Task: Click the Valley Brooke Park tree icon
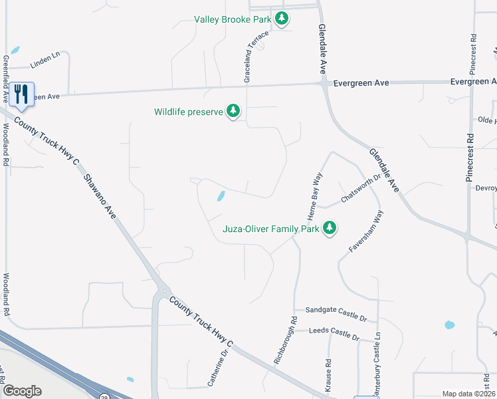coord(282,19)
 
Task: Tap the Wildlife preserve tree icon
coord(233,112)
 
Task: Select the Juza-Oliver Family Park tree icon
coord(330,229)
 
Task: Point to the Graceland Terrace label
coord(256,57)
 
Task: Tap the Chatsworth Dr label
coord(359,189)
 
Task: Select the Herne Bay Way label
coord(314,196)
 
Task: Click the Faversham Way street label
coord(366,231)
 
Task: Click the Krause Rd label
coord(328,376)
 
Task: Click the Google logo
coord(21,391)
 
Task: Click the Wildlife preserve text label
coord(188,112)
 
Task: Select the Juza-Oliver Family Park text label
coord(270,229)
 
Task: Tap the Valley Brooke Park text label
coord(233,19)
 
